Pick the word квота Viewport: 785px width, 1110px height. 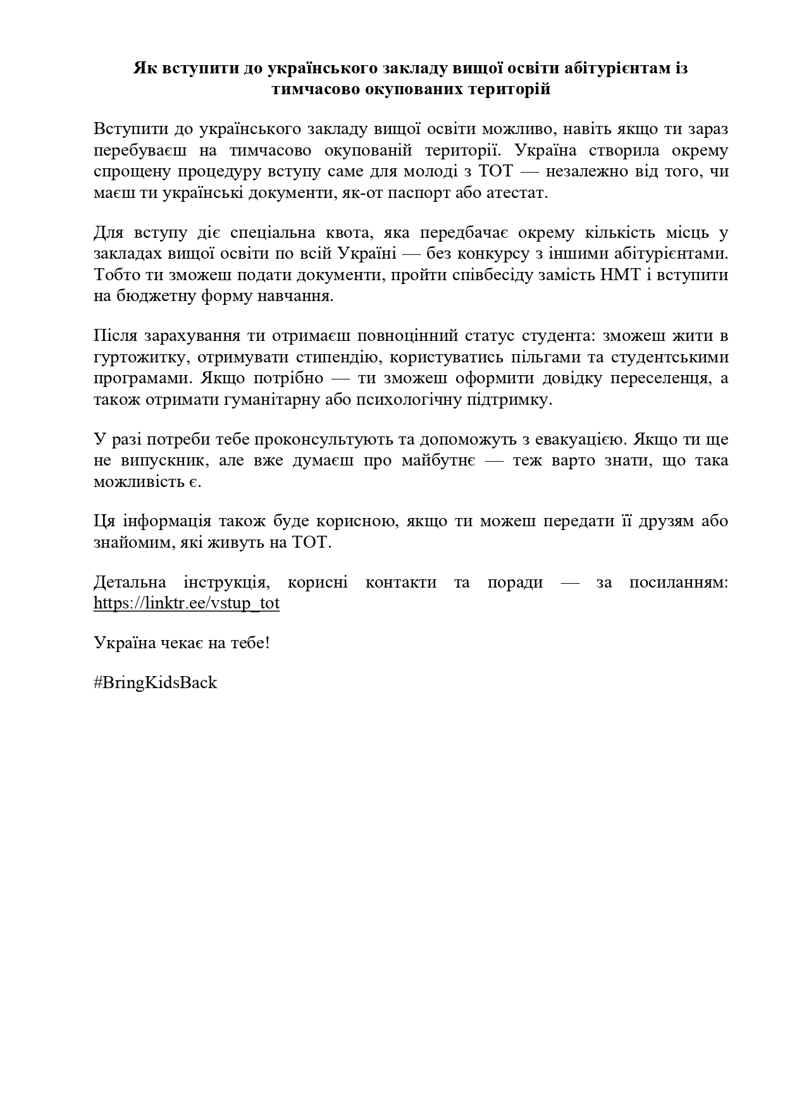point(350,233)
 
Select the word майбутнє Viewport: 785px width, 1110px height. point(437,460)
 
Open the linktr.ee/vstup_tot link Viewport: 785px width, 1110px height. point(187,603)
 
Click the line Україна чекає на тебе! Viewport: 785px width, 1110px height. point(182,643)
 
